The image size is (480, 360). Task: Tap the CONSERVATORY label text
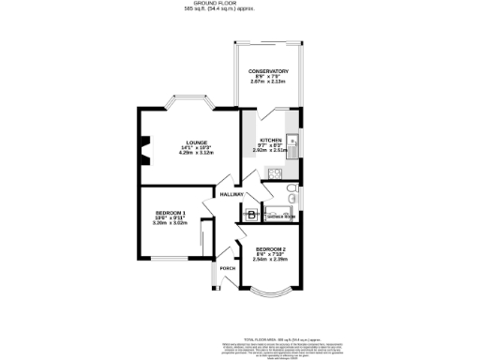[x=268, y=71]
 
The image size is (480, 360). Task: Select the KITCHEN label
[x=270, y=138]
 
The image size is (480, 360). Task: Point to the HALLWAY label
[x=232, y=195]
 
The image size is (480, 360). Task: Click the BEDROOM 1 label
[x=171, y=214]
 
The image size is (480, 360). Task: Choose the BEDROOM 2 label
[x=270, y=248]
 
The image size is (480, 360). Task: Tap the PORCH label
[x=227, y=268]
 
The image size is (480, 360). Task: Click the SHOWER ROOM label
[x=281, y=217]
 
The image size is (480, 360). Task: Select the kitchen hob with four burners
[x=275, y=172]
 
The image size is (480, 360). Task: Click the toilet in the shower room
[x=292, y=196]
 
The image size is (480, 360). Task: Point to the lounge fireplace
[x=143, y=149]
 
